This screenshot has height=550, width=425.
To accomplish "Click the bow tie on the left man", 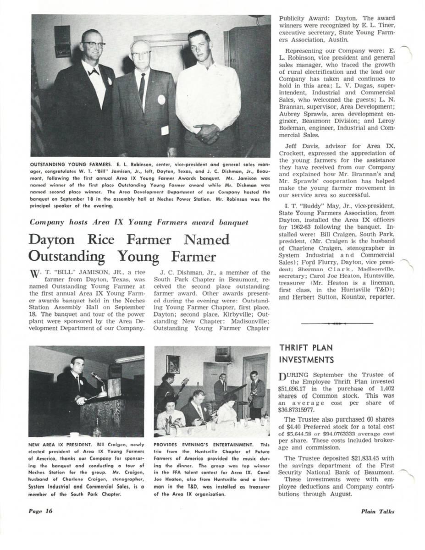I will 94,72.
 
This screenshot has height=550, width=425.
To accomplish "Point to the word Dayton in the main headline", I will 57,240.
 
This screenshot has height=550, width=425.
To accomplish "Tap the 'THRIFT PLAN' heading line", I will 306,348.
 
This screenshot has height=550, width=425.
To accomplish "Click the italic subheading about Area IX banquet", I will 138,223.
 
